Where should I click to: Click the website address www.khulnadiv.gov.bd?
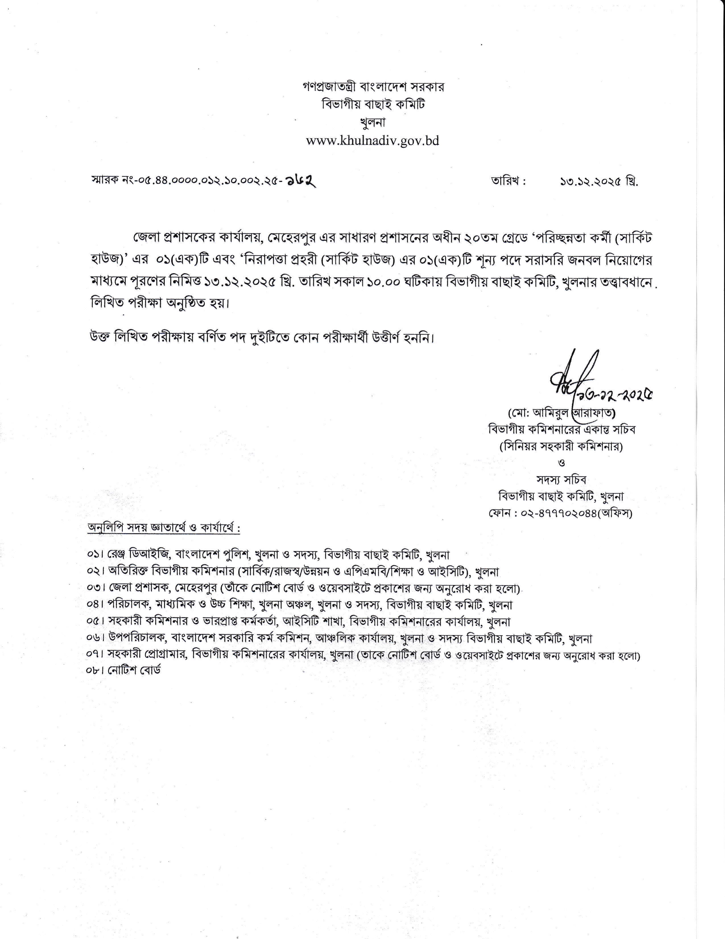(372, 141)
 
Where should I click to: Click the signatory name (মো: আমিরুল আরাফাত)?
(562, 414)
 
